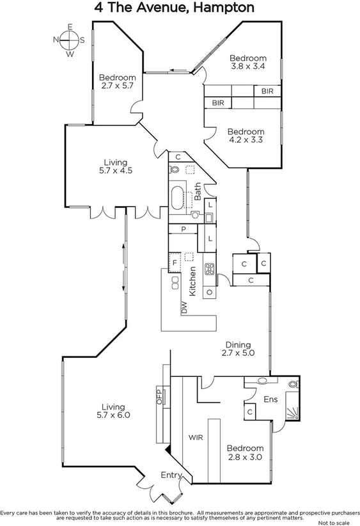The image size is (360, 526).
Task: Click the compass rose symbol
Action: (69, 40)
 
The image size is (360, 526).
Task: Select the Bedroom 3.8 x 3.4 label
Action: (247, 61)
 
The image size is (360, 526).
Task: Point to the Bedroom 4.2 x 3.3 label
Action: (246, 135)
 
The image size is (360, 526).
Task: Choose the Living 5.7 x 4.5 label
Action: (116, 166)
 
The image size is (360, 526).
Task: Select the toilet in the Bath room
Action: (175, 170)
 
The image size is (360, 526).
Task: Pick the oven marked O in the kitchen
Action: (209, 292)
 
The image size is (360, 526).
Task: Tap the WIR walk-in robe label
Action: (195, 438)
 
